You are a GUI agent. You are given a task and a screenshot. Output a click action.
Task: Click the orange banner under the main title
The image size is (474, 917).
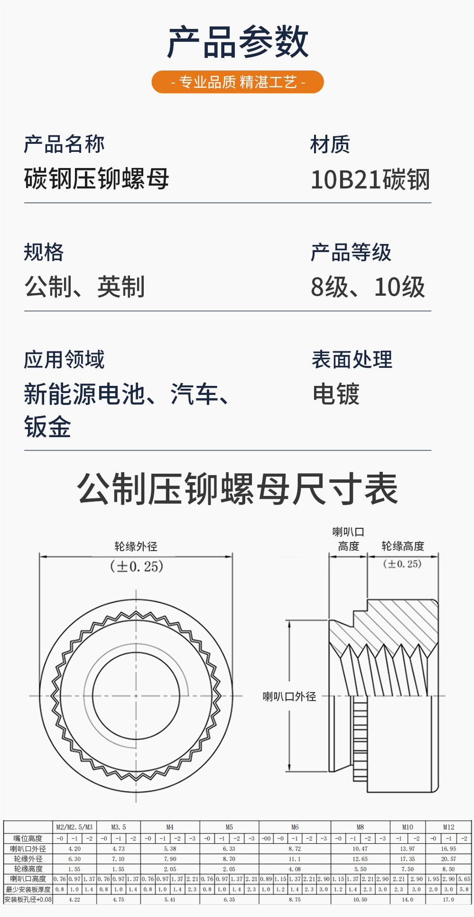[x=237, y=82]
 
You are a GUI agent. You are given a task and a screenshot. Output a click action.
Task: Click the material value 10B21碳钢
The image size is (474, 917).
[x=370, y=180]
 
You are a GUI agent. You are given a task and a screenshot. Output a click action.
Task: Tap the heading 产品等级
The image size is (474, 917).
[x=351, y=252]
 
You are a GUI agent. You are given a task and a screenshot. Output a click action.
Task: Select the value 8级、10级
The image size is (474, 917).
[x=368, y=287]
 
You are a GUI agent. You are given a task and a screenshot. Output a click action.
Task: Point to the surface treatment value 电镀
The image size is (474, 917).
[x=336, y=394]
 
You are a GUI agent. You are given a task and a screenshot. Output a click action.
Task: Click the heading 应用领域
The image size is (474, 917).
[x=64, y=359]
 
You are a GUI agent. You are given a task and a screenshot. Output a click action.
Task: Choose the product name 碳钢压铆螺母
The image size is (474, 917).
[x=96, y=179]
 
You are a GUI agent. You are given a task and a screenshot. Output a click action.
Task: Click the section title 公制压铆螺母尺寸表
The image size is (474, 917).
[x=237, y=489]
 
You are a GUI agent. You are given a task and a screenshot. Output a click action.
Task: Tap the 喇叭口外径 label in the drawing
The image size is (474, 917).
[x=289, y=696]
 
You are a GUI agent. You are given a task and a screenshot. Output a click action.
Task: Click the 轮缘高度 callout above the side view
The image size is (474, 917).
[x=402, y=546]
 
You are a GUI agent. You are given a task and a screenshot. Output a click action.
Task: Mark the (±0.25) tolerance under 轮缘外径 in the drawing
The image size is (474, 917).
[x=137, y=566]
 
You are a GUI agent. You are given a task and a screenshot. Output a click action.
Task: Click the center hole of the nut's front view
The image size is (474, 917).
[x=136, y=696]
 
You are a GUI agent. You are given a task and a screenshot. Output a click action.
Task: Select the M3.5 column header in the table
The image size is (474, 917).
[x=118, y=827]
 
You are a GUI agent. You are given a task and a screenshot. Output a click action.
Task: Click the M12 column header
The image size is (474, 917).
[x=448, y=827]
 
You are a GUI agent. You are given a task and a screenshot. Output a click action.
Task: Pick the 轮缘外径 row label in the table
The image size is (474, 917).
[x=28, y=859]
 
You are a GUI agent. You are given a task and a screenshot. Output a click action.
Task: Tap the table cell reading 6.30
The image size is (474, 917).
[x=74, y=859]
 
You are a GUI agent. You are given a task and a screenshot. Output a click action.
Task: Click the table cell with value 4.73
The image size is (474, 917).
[x=118, y=849]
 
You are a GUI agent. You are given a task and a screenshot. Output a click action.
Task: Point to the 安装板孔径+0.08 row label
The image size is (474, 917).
[x=28, y=899]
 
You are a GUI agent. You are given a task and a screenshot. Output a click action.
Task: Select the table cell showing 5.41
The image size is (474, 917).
[x=170, y=899]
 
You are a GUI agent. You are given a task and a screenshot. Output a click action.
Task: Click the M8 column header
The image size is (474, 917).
[x=360, y=827]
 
